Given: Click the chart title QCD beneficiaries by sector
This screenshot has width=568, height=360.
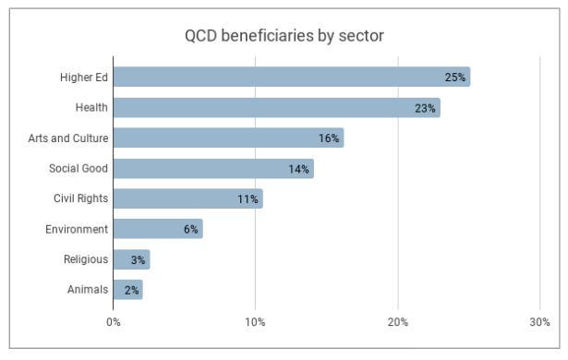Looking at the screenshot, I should (x=284, y=36).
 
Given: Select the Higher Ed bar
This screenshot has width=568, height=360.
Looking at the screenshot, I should (x=291, y=77).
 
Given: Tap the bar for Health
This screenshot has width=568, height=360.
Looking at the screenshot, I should (x=276, y=107).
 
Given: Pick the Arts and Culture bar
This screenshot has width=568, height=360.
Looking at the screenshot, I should (x=228, y=138).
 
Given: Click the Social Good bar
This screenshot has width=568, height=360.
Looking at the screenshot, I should (x=213, y=168).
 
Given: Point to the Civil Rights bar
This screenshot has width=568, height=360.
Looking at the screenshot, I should (x=187, y=198).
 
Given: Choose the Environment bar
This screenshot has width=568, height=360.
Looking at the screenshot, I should (x=157, y=229).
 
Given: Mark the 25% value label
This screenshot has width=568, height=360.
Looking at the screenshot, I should (x=454, y=78).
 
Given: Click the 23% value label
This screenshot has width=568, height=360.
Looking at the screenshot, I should (x=425, y=108).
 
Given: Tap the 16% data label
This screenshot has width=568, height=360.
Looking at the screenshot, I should (x=329, y=138).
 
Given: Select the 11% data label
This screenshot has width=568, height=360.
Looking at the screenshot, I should (x=248, y=199).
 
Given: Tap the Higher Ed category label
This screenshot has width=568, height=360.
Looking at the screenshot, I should (x=84, y=78).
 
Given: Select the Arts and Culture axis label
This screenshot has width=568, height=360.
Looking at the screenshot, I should (x=68, y=138).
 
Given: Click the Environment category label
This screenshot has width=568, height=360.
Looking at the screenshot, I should (x=77, y=229).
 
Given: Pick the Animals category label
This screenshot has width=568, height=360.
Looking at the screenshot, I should (x=87, y=290).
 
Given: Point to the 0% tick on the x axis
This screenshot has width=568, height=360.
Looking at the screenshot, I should (x=113, y=322).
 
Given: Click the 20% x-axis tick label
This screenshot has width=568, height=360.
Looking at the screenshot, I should (x=397, y=322).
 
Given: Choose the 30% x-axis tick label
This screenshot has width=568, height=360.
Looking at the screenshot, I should (x=539, y=322).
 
